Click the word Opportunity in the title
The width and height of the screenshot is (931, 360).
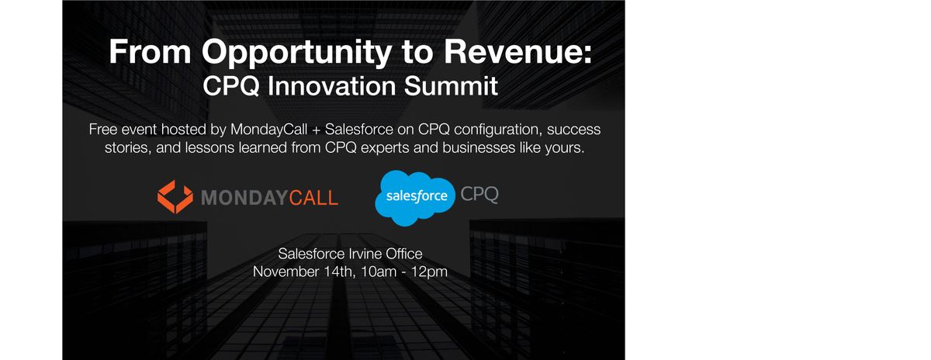click(x=296, y=53)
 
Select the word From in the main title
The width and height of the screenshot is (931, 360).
click(x=150, y=51)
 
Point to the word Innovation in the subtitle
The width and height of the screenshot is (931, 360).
click(x=331, y=86)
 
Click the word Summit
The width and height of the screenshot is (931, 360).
click(x=451, y=86)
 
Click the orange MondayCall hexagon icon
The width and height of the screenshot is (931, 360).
click(x=175, y=196)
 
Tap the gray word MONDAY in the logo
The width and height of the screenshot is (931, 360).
click(x=244, y=198)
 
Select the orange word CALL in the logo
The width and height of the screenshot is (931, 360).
click(x=313, y=198)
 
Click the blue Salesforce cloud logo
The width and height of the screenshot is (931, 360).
click(x=415, y=198)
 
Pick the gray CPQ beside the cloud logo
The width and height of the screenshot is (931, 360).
click(x=479, y=194)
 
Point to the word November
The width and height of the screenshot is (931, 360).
click(x=286, y=272)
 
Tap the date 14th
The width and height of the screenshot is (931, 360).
click(x=340, y=272)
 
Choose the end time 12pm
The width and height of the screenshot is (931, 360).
click(x=429, y=272)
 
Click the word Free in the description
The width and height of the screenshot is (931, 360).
click(x=102, y=130)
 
